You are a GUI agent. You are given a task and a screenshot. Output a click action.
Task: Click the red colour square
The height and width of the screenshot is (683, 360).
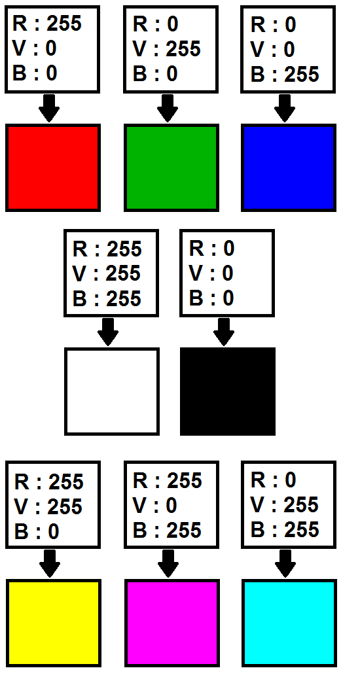pyautogui.click(x=53, y=167)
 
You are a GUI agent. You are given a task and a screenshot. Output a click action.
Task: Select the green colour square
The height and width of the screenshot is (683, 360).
pyautogui.click(x=171, y=167)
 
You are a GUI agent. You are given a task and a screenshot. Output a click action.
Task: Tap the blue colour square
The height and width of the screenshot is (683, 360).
pyautogui.click(x=289, y=167)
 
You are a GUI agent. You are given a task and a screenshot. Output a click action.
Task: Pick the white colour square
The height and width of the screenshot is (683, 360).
pyautogui.click(x=112, y=391)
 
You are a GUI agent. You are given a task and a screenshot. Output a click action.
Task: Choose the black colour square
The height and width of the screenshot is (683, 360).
pyautogui.click(x=228, y=391)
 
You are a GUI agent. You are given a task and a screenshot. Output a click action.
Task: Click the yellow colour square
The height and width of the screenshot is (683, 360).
pyautogui.click(x=54, y=623)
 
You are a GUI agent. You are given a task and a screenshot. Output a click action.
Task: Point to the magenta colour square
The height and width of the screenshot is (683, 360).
pyautogui.click(x=172, y=623)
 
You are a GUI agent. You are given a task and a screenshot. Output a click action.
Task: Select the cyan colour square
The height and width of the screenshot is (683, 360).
pyautogui.click(x=289, y=623)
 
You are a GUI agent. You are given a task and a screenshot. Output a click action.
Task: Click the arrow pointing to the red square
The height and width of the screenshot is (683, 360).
pyautogui.click(x=49, y=108)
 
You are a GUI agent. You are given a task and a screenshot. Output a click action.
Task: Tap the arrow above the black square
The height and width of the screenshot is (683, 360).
pyautogui.click(x=224, y=332)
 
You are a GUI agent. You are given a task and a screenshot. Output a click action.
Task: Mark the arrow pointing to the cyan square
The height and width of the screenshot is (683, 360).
pyautogui.click(x=285, y=564)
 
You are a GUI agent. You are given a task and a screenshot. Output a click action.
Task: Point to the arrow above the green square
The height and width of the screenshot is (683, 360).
pyautogui.click(x=168, y=108)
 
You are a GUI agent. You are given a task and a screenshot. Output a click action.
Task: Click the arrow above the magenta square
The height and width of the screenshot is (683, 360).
pyautogui.click(x=168, y=564)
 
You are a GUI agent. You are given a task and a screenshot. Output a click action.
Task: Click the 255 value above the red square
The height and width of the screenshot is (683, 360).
pyautogui.click(x=64, y=23)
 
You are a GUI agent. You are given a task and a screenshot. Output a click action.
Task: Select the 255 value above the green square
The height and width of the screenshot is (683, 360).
pyautogui.click(x=183, y=48)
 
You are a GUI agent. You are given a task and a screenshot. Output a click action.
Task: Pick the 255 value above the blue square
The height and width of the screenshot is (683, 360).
pyautogui.click(x=302, y=74)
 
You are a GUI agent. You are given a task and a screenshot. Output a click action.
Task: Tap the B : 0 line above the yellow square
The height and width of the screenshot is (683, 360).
pyautogui.click(x=37, y=532)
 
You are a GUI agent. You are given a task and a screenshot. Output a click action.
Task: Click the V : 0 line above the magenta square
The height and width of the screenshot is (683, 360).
pyautogui.click(x=154, y=505)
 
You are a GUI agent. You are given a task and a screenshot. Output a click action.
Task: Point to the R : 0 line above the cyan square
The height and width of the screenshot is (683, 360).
pyautogui.click(x=274, y=480)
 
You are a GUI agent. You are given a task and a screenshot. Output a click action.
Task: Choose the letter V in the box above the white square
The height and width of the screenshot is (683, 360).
pyautogui.click(x=79, y=273)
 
